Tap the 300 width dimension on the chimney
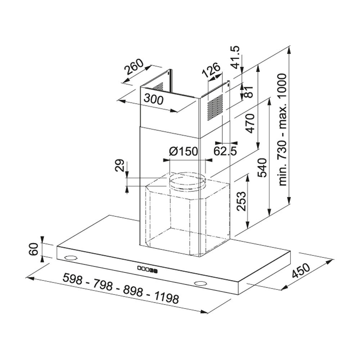(x=154, y=99)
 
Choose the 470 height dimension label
(x=250, y=123)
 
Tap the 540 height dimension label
(x=262, y=168)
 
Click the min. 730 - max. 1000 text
(x=282, y=130)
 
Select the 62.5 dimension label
(x=225, y=151)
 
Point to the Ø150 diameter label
(x=184, y=151)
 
